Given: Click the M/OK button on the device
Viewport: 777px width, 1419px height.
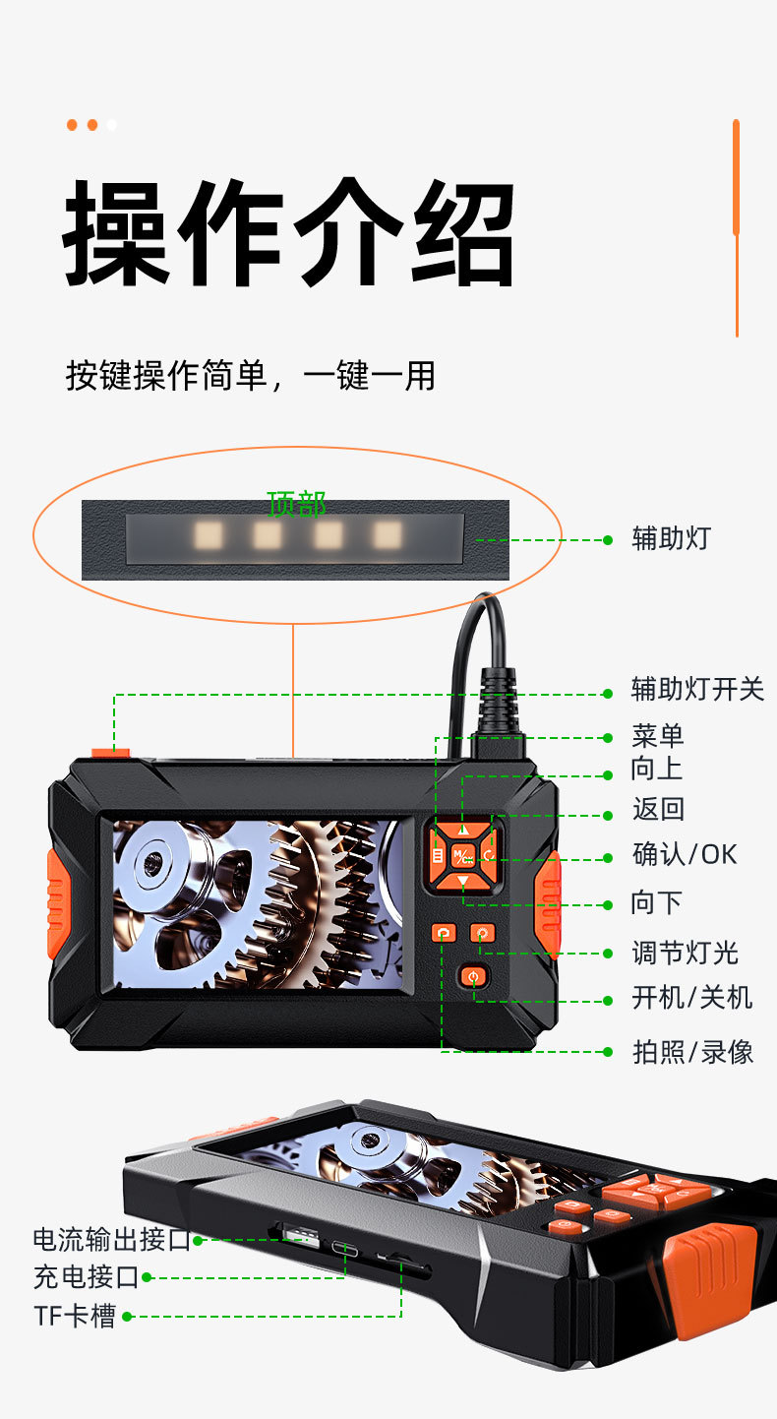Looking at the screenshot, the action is pos(462,856).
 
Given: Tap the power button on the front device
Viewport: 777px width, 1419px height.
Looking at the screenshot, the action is pos(474,978).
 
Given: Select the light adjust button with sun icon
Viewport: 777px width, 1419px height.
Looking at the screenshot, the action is pos(482,933).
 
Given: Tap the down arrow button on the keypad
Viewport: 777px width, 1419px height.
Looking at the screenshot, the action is pos(462,882).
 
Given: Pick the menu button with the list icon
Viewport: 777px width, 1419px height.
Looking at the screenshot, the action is pos(437,856).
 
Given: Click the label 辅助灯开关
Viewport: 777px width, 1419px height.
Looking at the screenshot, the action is pos(697,689).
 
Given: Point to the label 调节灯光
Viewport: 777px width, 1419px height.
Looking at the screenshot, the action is pos(685,953).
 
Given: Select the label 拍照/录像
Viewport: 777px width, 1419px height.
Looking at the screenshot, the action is pos(692,1051).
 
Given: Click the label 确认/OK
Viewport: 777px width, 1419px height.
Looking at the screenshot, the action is pos(685,854).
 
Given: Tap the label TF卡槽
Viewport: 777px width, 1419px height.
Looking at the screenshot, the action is pos(75,1316).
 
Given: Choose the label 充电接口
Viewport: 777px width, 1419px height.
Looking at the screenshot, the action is pos(87,1277).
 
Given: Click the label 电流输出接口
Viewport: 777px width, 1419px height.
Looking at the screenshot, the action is pos(112,1240).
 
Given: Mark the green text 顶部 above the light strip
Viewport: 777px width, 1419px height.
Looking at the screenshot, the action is pos(296,504).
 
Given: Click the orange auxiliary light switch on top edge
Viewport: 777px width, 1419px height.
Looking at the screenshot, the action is pos(110,753).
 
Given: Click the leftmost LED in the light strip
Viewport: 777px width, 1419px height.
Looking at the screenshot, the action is pos(208,535).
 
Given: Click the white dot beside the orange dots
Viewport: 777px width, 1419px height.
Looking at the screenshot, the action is pos(112,125).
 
